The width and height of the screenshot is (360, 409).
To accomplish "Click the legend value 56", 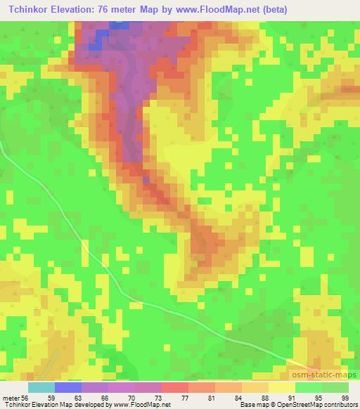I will click(x=26, y=397).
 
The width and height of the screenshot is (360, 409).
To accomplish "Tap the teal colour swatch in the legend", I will click(x=41, y=387).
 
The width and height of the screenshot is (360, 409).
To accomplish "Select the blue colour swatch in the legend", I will click(x=68, y=387).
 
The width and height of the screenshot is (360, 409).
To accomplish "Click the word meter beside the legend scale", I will click(x=10, y=397).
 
